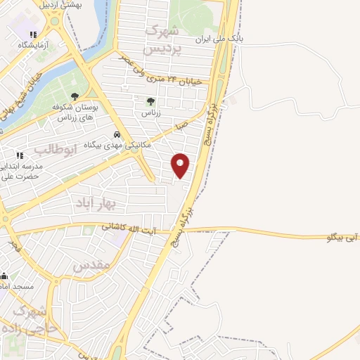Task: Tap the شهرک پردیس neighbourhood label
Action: click(x=161, y=41)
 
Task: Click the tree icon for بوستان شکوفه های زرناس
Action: click(x=75, y=97)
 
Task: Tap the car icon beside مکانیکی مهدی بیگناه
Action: click(x=116, y=135)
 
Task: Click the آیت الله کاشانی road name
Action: click(x=128, y=226)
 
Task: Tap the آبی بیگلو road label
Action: click(x=343, y=238)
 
